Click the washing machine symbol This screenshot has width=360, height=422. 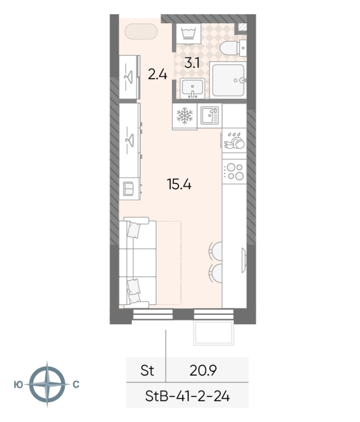[x=189, y=34]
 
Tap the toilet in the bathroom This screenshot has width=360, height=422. [x=233, y=48]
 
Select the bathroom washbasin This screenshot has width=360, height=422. [x=192, y=88]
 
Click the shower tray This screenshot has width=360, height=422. [x=228, y=80]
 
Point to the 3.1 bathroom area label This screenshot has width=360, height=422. [x=192, y=63]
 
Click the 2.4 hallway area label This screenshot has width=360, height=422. [x=158, y=74]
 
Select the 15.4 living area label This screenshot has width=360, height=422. [x=179, y=184]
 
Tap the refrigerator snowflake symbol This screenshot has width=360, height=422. [x=184, y=116]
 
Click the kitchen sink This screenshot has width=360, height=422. [x=210, y=116]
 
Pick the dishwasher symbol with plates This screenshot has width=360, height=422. [x=235, y=140]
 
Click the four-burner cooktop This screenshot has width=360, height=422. [x=235, y=172]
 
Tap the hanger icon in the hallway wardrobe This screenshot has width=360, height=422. [x=129, y=77]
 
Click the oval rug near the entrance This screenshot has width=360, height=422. [x=141, y=32]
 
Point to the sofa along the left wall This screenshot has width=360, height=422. [x=138, y=263]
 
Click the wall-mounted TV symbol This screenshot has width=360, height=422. [x=244, y=260]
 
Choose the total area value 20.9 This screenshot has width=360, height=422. [x=203, y=371]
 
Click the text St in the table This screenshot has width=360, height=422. [x=147, y=371]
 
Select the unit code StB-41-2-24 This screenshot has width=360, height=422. [x=188, y=396]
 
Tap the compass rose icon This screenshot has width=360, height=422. [x=47, y=384]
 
